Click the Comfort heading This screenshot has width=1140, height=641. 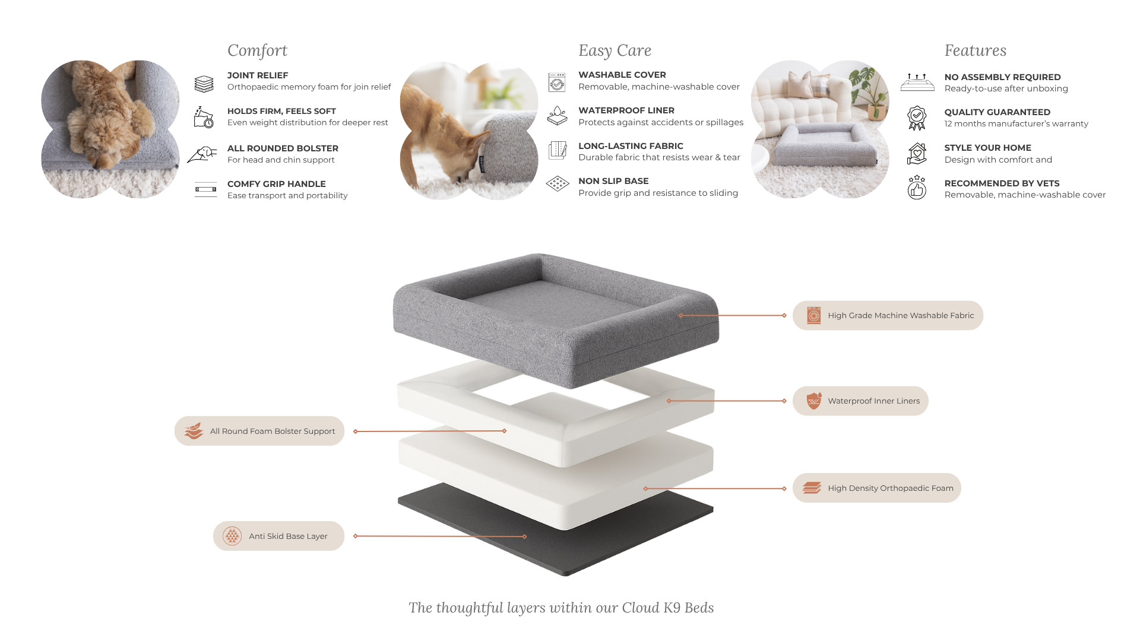coord(257,51)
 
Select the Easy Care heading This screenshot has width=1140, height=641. coord(615,51)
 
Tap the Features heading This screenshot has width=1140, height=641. coord(975,51)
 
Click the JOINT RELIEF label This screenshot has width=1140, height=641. coord(258,75)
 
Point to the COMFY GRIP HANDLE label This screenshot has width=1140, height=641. coord(276,184)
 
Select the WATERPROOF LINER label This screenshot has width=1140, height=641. coord(626,110)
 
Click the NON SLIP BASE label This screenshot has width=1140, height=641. coord(613,181)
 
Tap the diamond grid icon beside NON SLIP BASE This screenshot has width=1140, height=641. coord(557,184)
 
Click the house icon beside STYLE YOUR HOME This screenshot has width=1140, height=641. coord(917,151)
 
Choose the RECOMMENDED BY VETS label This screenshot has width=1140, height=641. coord(1002,183)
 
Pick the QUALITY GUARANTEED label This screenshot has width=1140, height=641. coord(997,112)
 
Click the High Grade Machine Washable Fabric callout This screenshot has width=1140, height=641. coord(888,316)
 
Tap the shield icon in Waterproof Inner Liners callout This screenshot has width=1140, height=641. coord(813,401)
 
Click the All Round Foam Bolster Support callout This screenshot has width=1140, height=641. coord(259,431)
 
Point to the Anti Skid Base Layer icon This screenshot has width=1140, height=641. coord(232,537)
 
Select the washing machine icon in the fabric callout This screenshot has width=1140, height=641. coord(813,316)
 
